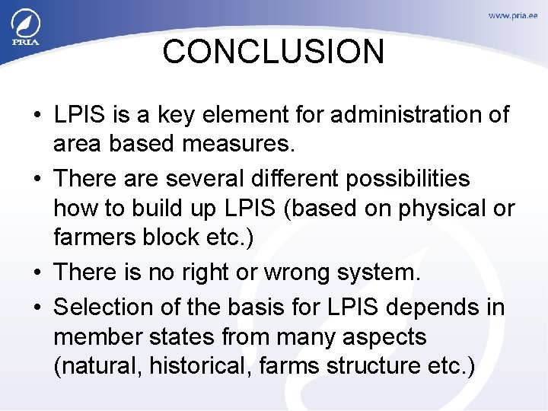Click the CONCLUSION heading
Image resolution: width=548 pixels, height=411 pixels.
273,53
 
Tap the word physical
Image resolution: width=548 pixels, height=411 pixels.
434,208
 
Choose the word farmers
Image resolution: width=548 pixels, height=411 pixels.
95,237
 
